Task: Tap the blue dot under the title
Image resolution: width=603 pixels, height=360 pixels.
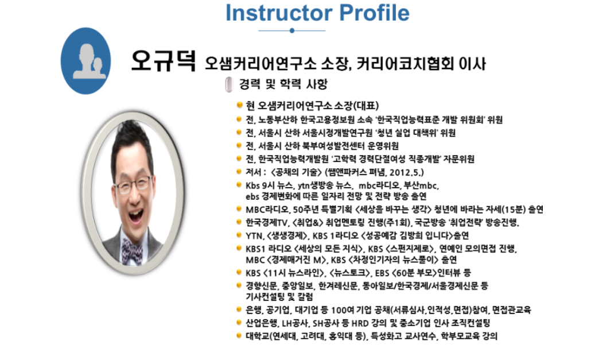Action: click(292, 30)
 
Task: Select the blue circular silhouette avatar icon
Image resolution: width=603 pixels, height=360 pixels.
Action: click(85, 61)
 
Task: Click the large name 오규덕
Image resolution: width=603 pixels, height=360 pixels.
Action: click(164, 61)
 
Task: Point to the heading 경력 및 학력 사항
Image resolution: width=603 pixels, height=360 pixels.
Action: click(283, 84)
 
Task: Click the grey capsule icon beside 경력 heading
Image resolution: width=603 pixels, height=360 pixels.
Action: click(229, 85)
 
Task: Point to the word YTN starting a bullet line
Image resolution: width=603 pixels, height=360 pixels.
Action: click(254, 235)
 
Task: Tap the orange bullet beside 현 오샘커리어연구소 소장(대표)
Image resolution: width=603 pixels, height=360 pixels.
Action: click(240, 104)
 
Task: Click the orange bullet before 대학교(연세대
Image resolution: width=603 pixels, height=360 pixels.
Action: click(240, 335)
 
